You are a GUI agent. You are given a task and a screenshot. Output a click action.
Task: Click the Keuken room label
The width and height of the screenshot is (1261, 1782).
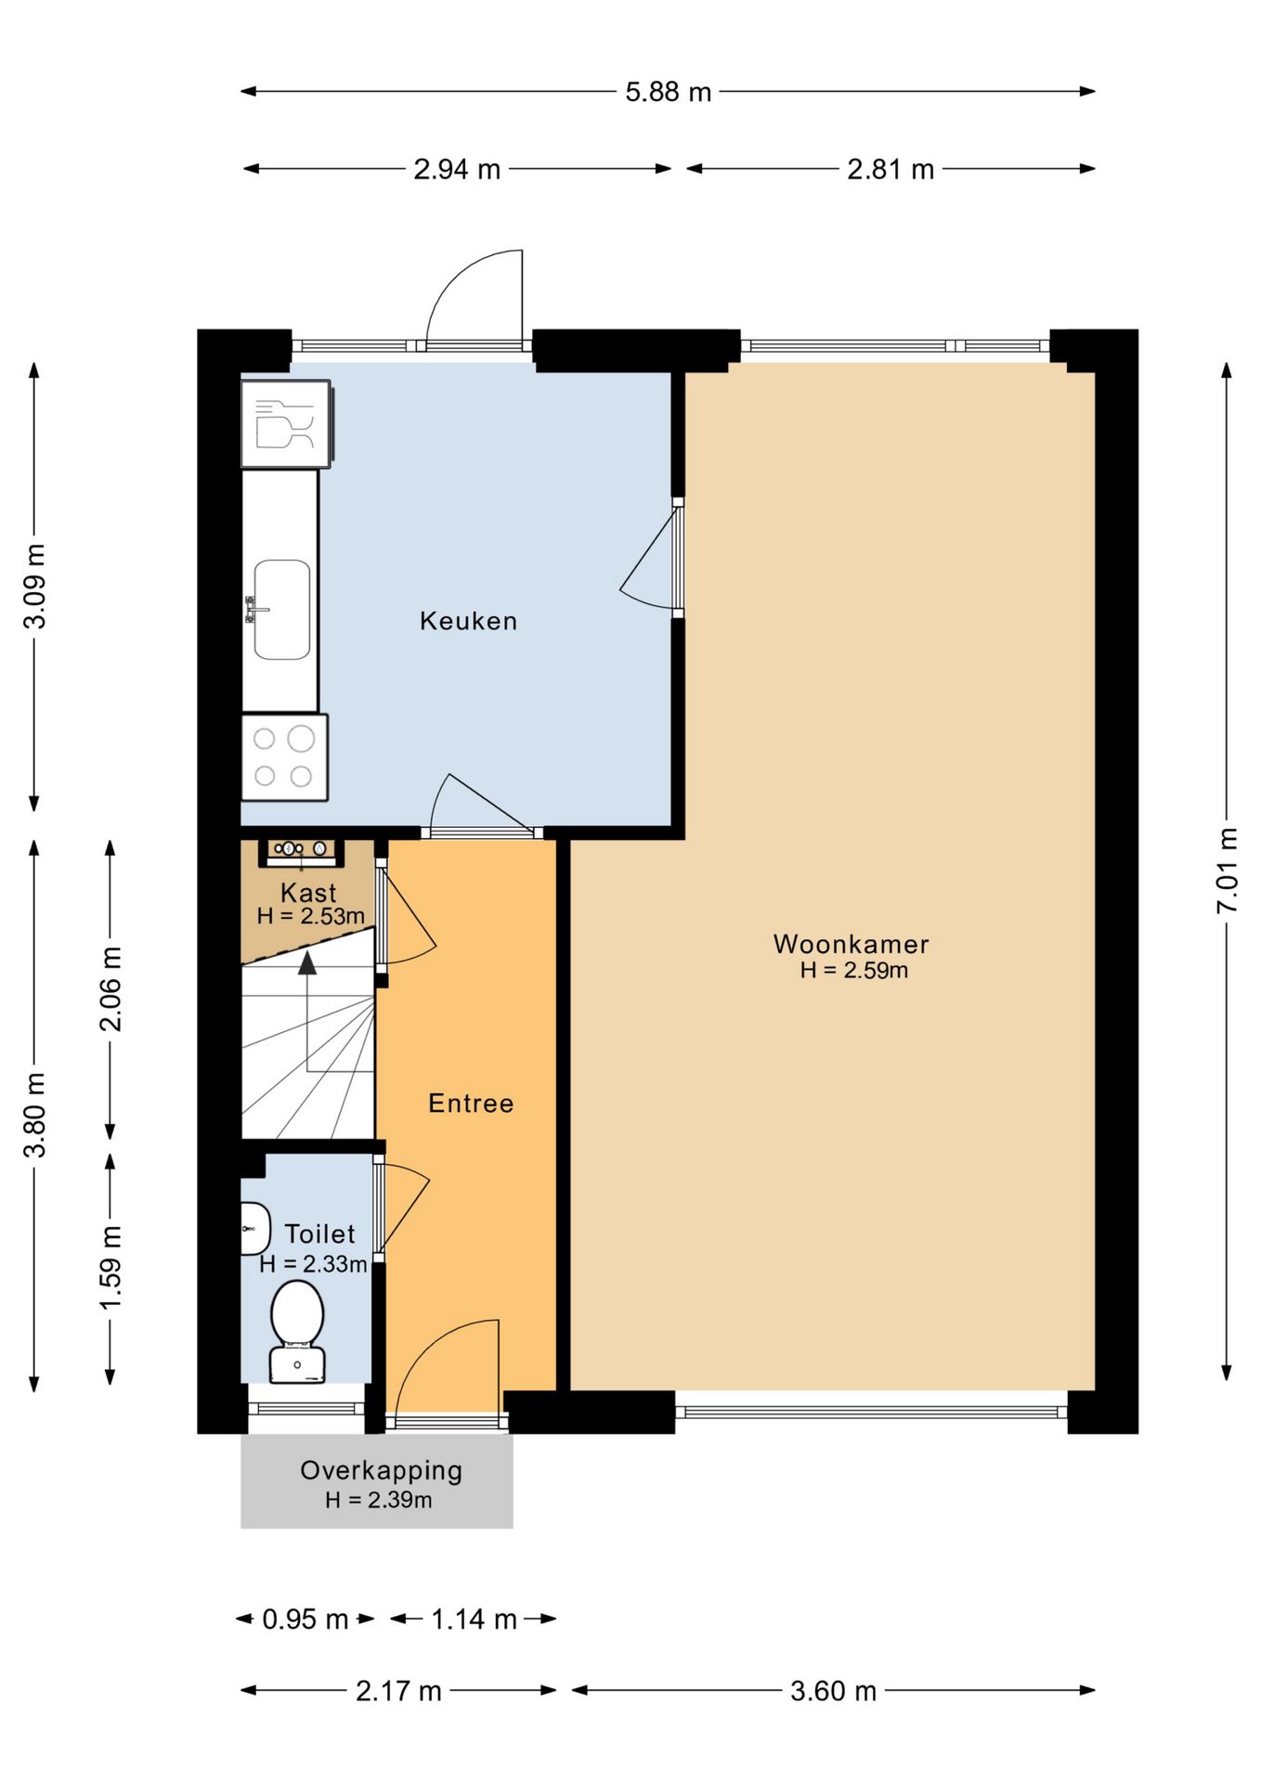click(x=468, y=621)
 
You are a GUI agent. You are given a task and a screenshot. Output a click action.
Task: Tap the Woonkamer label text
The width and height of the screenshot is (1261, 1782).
click(x=851, y=944)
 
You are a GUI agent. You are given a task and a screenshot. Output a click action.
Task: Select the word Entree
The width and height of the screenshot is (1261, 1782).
click(x=471, y=1103)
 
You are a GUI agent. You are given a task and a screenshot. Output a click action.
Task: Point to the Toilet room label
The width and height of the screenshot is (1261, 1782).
click(x=319, y=1233)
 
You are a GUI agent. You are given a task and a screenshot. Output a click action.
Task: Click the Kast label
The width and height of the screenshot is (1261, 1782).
click(x=308, y=893)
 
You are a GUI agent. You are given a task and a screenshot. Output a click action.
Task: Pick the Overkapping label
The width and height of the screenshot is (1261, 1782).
click(x=381, y=1470)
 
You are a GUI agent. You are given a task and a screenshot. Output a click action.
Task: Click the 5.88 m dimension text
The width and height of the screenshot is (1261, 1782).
click(x=668, y=92)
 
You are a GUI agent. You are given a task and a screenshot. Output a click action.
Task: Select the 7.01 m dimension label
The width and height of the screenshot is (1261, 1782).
click(x=1228, y=870)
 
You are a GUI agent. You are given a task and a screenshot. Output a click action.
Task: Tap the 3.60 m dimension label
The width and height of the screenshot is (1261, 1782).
click(x=833, y=1691)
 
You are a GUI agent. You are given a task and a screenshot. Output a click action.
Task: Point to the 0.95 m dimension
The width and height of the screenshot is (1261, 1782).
click(x=305, y=1619)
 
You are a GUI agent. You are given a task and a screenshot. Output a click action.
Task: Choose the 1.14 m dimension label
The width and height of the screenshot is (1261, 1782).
click(x=474, y=1619)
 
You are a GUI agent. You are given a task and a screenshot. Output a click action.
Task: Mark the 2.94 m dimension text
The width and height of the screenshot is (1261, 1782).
click(x=457, y=170)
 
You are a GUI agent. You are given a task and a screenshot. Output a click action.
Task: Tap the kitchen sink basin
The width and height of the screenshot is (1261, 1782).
click(x=282, y=609)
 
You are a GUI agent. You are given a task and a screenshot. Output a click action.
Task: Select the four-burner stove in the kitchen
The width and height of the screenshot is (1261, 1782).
click(x=285, y=757)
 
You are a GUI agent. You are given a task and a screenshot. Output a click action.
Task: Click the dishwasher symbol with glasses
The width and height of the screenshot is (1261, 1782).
click(x=287, y=423)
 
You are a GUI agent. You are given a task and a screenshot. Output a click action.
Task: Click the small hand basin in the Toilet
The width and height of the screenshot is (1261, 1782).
click(x=255, y=1228)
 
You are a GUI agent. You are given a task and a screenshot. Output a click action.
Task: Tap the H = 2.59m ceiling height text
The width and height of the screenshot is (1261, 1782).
click(x=854, y=971)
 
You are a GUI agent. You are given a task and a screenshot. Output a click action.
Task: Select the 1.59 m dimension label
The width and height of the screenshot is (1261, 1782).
click(x=110, y=1268)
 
